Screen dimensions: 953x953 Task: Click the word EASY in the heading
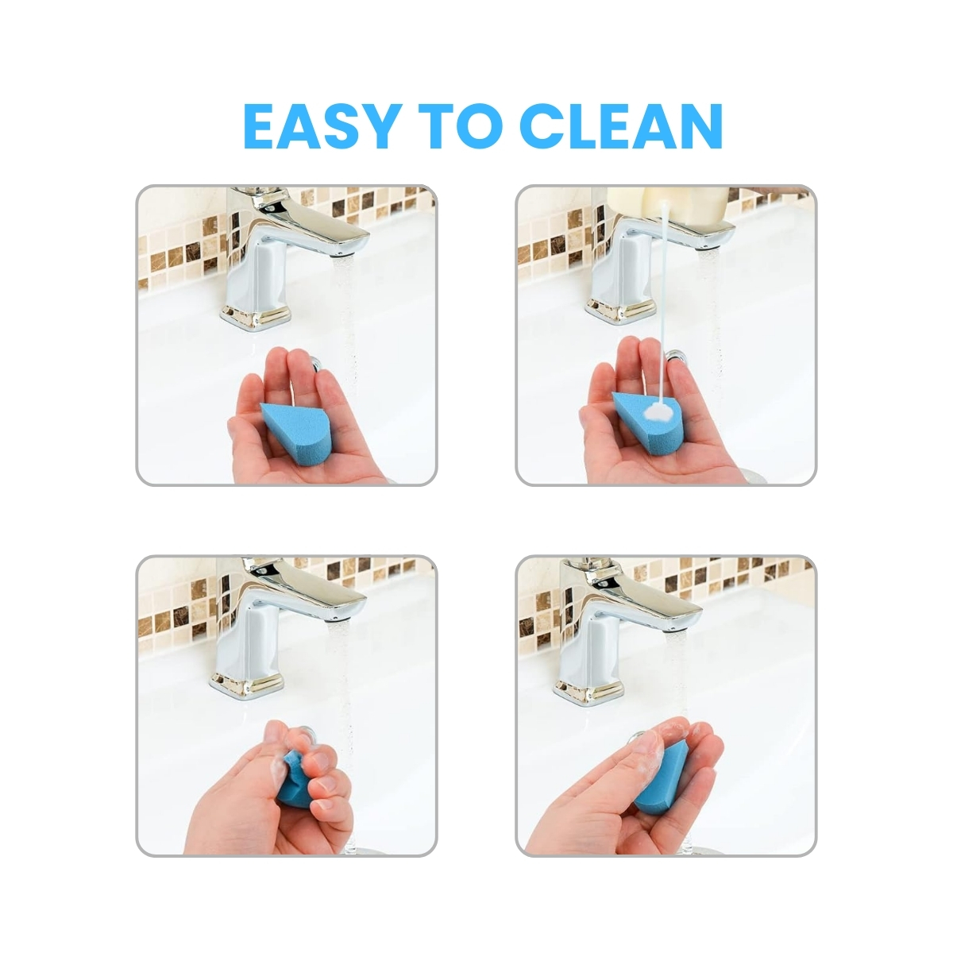[x=319, y=126]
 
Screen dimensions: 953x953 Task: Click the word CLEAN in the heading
[x=622, y=126]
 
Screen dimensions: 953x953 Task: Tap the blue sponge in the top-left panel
[x=296, y=426]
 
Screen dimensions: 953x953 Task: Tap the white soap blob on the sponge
[x=657, y=410]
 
